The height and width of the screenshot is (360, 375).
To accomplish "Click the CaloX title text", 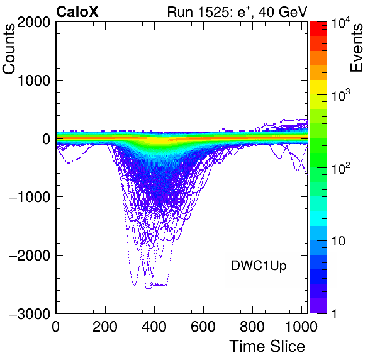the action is point(77,12).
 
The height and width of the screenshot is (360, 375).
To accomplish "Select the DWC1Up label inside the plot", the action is point(259,266).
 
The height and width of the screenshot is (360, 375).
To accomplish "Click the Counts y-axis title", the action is point(9,49).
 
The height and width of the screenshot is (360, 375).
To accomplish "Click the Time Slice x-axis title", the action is point(267,346).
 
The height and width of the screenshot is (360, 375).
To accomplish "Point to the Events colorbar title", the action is point(356,48).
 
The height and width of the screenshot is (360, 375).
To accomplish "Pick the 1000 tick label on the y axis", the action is point(34,81).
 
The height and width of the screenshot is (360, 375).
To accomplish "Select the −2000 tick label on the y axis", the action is point(30,255).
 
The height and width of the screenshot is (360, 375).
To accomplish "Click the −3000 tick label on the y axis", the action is point(30,313).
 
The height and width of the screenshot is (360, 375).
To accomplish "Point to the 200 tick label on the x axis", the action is point(105,326).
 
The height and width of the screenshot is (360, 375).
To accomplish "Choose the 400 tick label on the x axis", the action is point(154,326).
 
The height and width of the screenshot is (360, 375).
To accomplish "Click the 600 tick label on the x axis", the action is point(203,326).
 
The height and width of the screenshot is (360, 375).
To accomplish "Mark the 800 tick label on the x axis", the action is point(252,326).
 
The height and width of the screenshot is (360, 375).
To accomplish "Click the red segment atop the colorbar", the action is point(318,29).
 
